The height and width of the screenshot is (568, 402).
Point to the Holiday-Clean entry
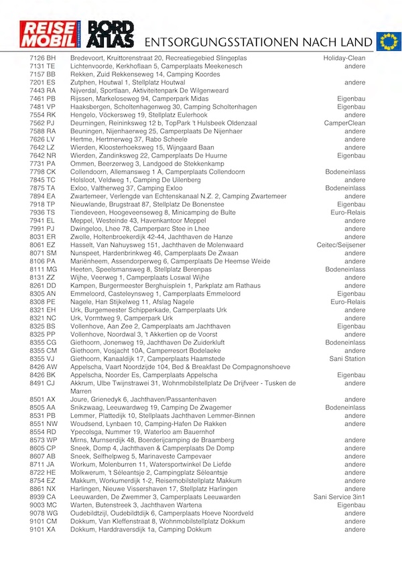(x=344, y=58)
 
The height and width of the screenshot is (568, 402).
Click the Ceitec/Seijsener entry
(x=341, y=245)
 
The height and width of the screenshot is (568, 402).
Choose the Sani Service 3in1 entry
(x=340, y=497)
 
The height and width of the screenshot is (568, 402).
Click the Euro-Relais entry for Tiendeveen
(x=347, y=212)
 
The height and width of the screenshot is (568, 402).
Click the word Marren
(x=81, y=391)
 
